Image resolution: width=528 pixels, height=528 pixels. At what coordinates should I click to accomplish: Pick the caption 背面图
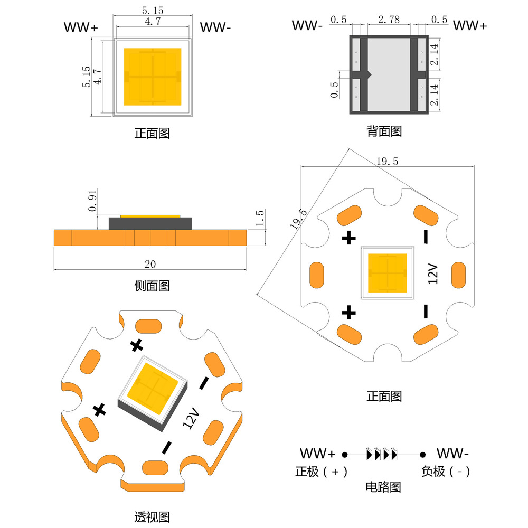pos(384,131)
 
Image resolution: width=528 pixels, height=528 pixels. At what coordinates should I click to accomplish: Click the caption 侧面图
pos(152,286)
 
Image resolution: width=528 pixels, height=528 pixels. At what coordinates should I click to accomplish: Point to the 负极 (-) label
pos(446,472)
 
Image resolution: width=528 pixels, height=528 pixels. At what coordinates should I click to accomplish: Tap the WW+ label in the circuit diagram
pos(317,453)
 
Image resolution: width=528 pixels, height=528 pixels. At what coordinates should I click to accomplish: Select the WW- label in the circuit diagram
pos(452,453)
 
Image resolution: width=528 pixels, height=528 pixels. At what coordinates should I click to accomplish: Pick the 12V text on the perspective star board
pos(191,418)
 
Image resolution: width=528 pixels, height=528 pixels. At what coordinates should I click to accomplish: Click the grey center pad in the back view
pos(389,74)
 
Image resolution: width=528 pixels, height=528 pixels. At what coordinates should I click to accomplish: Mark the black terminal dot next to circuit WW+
pos(344,454)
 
